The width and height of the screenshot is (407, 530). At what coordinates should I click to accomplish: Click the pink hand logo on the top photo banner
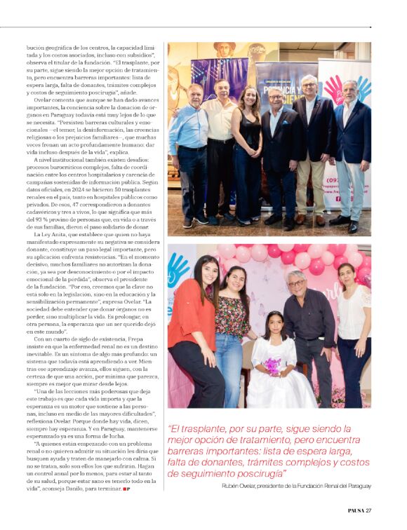click(334, 88)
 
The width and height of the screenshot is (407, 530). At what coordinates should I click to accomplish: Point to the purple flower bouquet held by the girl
click(271, 365)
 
